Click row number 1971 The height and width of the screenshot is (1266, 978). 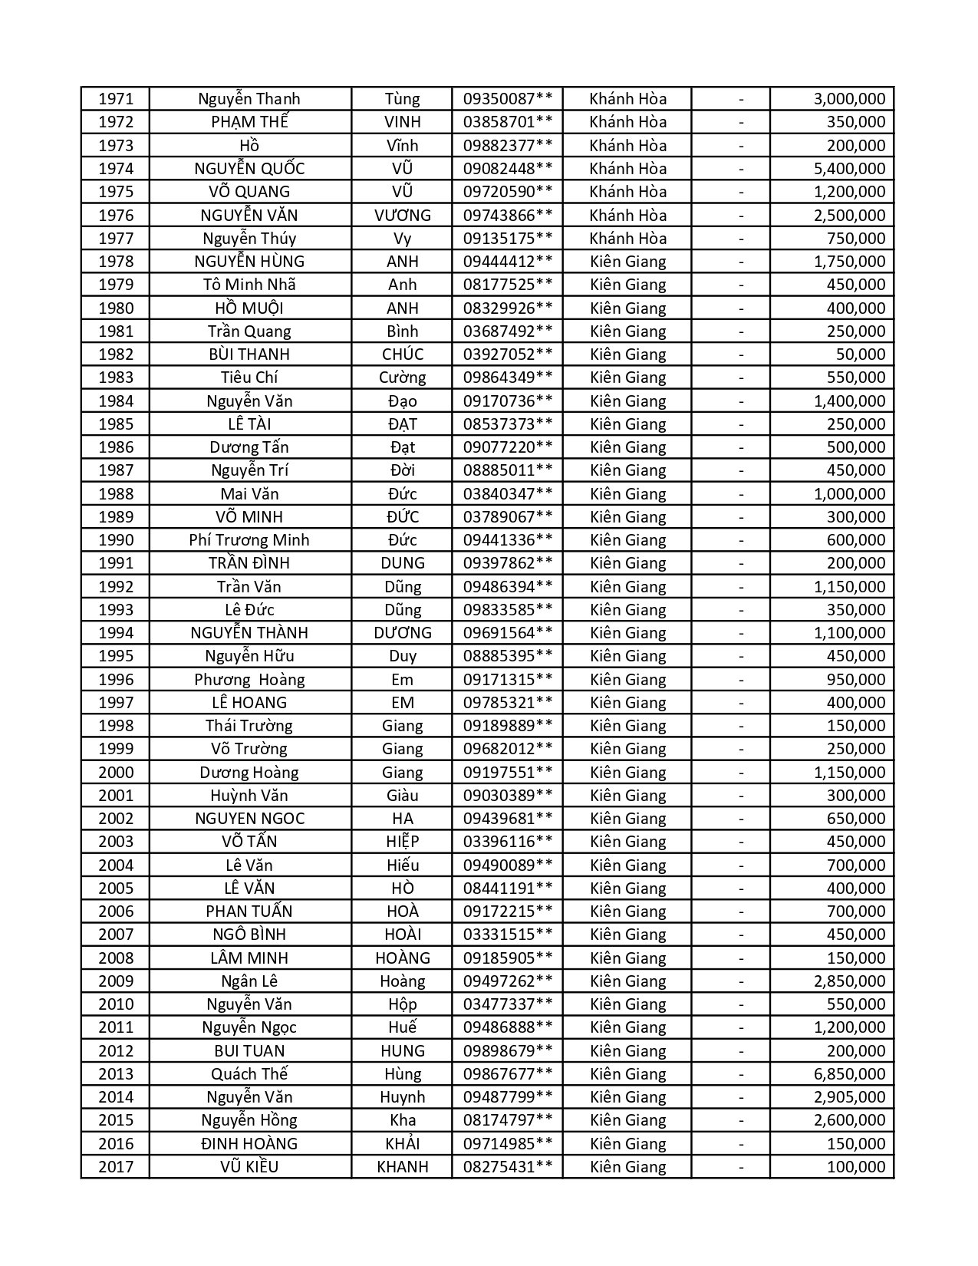click(116, 99)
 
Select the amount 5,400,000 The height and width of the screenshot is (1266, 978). click(849, 169)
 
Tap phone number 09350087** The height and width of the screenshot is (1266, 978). click(507, 99)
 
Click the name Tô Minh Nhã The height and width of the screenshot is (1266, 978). click(249, 285)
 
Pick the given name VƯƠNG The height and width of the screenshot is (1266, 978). click(402, 216)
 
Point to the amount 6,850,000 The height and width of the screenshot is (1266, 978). click(849, 1074)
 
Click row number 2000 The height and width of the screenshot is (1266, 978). click(116, 773)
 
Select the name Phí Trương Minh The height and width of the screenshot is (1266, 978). click(249, 540)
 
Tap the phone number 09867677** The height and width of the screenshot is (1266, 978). click(507, 1074)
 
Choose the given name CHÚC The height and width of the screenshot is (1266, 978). click(402, 354)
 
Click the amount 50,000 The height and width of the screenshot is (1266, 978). click(861, 354)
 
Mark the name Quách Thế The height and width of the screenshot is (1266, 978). click(249, 1074)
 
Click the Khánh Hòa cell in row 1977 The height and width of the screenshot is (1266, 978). click(627, 239)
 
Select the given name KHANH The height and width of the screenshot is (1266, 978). click(402, 1167)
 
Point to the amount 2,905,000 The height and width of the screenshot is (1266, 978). click(849, 1097)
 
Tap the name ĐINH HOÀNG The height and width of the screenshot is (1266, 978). click(249, 1144)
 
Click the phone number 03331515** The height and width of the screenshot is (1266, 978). click(507, 935)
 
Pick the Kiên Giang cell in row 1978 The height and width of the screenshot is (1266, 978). click(627, 262)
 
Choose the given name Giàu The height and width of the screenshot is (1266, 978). click(402, 796)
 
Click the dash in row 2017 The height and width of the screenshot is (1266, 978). click(741, 1167)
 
